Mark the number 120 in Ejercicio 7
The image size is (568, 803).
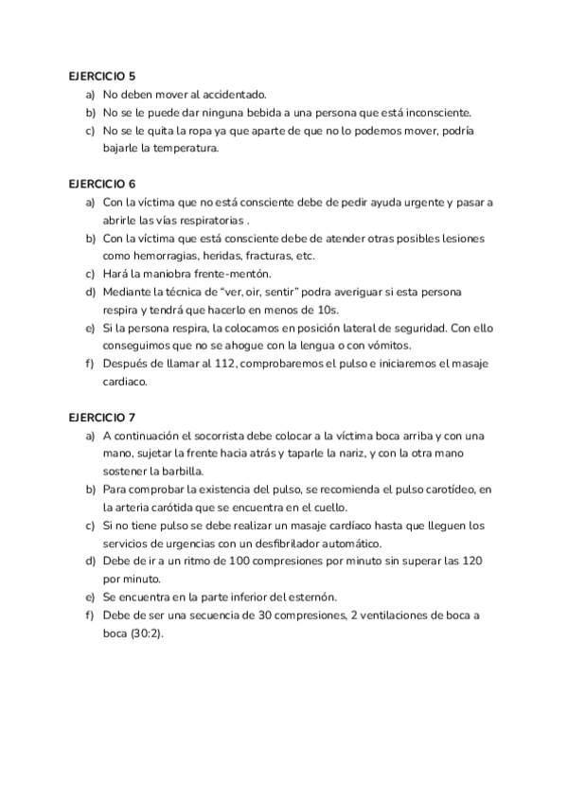473,562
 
